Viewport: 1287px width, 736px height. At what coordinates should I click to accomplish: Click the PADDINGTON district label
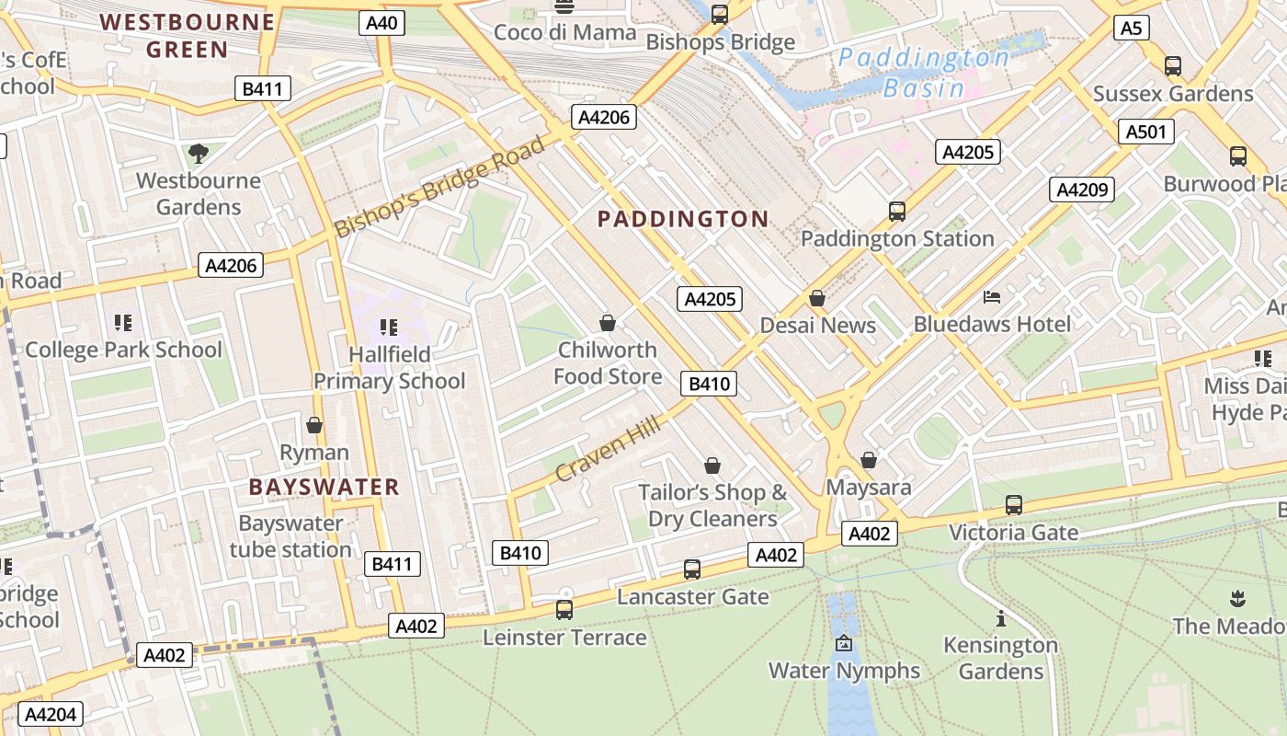coord(683,219)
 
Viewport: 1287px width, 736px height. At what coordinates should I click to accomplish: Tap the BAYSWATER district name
coord(324,487)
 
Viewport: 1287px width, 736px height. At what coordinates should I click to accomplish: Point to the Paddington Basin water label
coord(923,73)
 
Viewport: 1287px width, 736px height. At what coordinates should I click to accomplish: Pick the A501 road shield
coord(1146,132)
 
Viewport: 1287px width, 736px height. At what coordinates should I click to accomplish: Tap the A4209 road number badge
coord(1082,190)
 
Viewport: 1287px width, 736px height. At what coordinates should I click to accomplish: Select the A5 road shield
coord(1132,29)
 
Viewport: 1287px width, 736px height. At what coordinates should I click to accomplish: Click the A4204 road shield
coord(51,714)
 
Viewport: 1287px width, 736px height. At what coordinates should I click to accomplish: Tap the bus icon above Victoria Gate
coord(1014,504)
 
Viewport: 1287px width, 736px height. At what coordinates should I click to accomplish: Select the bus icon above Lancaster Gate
coord(692,569)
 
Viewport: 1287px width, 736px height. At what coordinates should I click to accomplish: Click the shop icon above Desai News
coord(817,298)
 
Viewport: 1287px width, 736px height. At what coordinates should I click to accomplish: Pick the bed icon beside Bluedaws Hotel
coord(992,296)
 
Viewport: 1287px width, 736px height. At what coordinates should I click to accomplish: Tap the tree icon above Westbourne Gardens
coord(198,153)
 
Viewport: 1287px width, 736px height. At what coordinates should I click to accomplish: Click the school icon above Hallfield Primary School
coord(389,327)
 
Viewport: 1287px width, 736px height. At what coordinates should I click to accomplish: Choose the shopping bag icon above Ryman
coord(314,425)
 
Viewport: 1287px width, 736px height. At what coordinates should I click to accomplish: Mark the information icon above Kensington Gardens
coord(1001,618)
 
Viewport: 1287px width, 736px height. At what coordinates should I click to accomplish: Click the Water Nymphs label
coord(844,670)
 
